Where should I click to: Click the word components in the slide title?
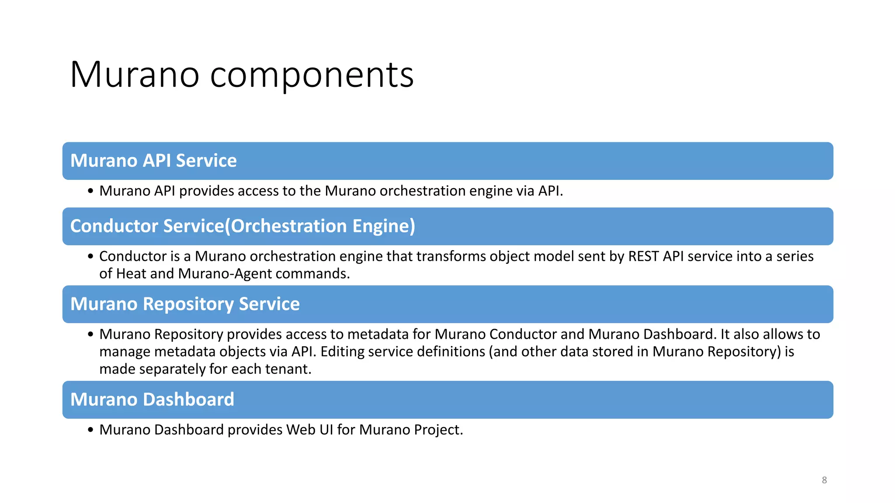click(312, 75)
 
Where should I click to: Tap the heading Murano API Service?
click(153, 161)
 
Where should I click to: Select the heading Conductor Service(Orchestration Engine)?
click(243, 226)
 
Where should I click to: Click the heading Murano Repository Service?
click(185, 304)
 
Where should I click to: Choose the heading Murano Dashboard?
click(152, 400)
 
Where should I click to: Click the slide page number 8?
click(824, 480)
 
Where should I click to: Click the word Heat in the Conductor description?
click(131, 274)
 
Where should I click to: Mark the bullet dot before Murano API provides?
click(90, 191)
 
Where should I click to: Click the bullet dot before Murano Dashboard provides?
click(90, 430)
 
